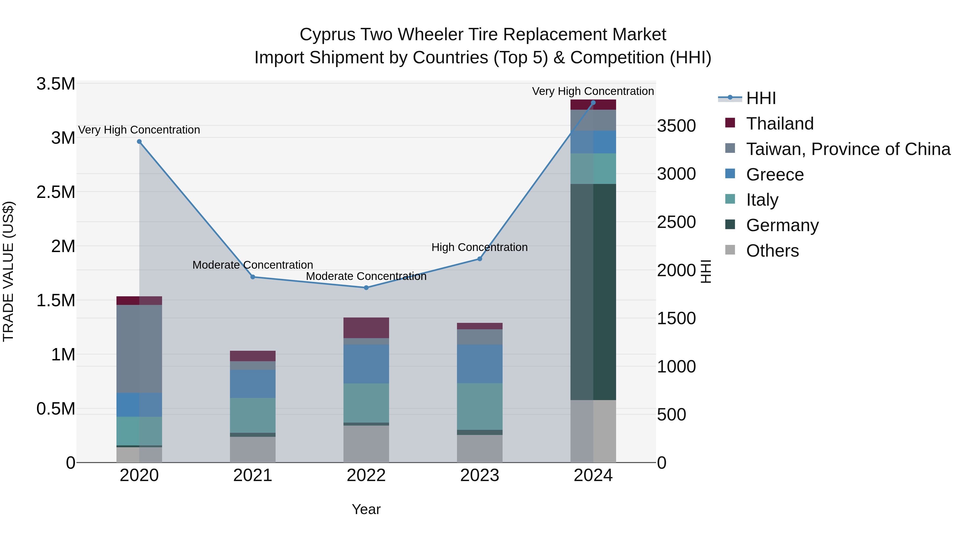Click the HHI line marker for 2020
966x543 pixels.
pos(139,142)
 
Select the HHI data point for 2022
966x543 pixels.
pos(366,288)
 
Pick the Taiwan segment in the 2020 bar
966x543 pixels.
pos(139,349)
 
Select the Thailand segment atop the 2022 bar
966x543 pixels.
pos(366,328)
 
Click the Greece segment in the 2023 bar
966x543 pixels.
pos(480,364)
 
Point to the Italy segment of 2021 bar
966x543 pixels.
pos(253,415)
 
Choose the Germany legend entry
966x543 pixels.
pos(782,225)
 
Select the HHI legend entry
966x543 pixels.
pos(761,98)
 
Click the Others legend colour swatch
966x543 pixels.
pos(730,250)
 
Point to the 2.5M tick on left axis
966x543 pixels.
pos(56,192)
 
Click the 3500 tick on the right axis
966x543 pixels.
pos(676,126)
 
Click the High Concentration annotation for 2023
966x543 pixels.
pos(479,247)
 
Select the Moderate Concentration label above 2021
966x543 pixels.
pos(253,265)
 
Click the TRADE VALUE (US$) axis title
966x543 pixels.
pos(8,271)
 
